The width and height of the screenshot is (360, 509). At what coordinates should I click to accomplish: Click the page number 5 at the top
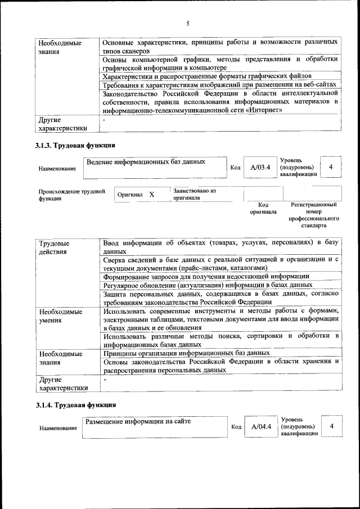(188, 23)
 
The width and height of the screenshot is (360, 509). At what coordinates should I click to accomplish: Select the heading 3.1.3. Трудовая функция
(76, 146)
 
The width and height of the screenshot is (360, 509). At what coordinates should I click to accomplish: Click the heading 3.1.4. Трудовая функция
(76, 404)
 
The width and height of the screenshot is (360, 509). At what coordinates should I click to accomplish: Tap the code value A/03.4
(260, 167)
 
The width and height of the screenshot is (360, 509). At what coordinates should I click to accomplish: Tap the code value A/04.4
(262, 426)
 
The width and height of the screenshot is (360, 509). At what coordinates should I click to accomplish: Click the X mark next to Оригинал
(151, 195)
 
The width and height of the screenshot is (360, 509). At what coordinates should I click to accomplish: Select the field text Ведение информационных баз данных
(146, 162)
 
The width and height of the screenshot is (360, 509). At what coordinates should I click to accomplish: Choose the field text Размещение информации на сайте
(138, 421)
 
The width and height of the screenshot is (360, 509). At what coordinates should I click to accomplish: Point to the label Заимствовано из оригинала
(195, 195)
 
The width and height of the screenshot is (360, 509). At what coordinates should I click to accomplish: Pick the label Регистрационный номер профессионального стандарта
(313, 215)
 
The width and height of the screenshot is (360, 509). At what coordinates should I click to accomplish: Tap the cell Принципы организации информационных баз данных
(187, 353)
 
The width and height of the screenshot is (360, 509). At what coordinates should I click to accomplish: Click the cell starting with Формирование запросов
(206, 276)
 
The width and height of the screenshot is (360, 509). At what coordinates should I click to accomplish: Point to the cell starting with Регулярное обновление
(208, 285)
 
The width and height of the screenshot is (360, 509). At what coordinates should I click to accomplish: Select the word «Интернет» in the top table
(261, 110)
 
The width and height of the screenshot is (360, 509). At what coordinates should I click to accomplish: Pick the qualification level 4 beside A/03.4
(331, 167)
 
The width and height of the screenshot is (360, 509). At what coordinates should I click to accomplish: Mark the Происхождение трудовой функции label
(72, 195)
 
